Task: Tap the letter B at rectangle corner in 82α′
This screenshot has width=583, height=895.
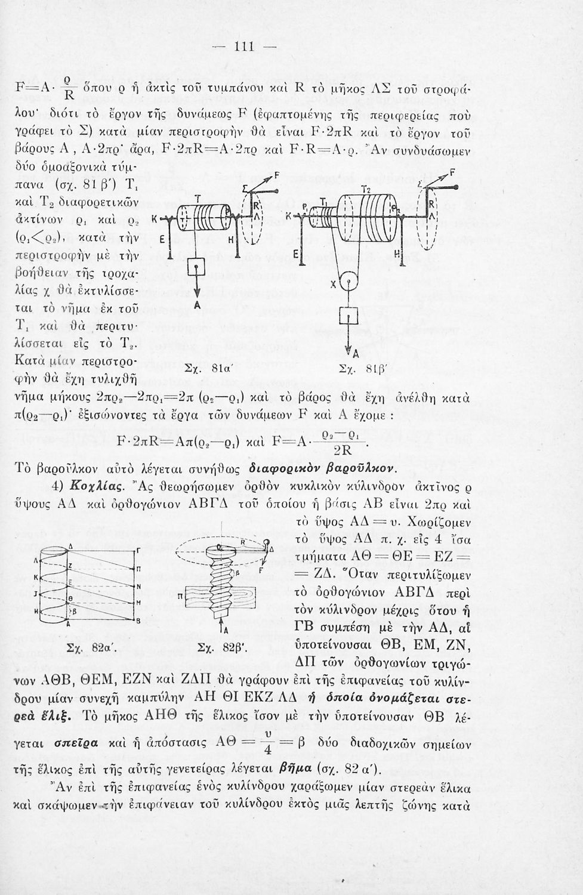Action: (138, 621)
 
